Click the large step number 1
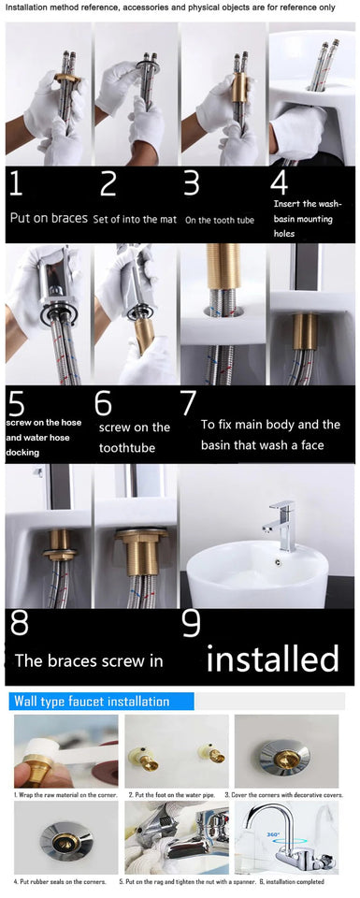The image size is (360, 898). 16,183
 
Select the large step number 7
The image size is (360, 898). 188,403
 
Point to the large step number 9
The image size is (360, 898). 191,623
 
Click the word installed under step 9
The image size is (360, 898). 272,659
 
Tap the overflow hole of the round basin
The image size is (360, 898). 278,561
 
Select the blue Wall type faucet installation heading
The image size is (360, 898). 91,701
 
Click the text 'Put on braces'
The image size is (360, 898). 48,217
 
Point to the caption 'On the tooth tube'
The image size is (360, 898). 220,221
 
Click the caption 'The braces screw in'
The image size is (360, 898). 89,660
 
